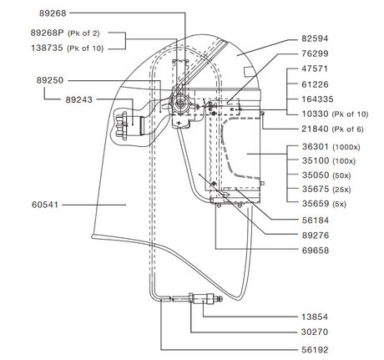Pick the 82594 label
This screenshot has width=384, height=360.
(x=317, y=39)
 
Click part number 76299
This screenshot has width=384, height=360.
(x=317, y=54)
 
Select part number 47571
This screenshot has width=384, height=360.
(x=317, y=69)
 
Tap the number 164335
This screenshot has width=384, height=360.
(x=320, y=98)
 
